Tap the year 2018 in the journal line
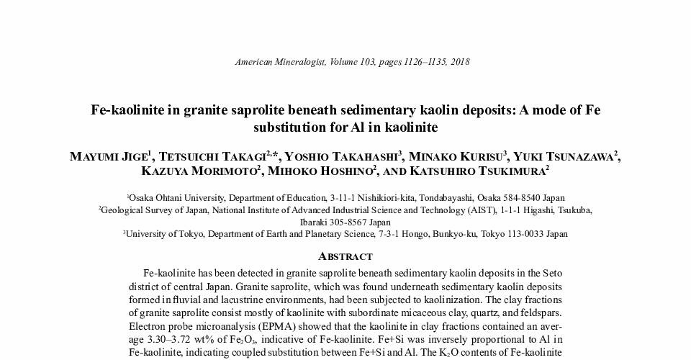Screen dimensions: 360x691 [459, 62]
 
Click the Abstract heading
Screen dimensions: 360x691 [345, 256]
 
